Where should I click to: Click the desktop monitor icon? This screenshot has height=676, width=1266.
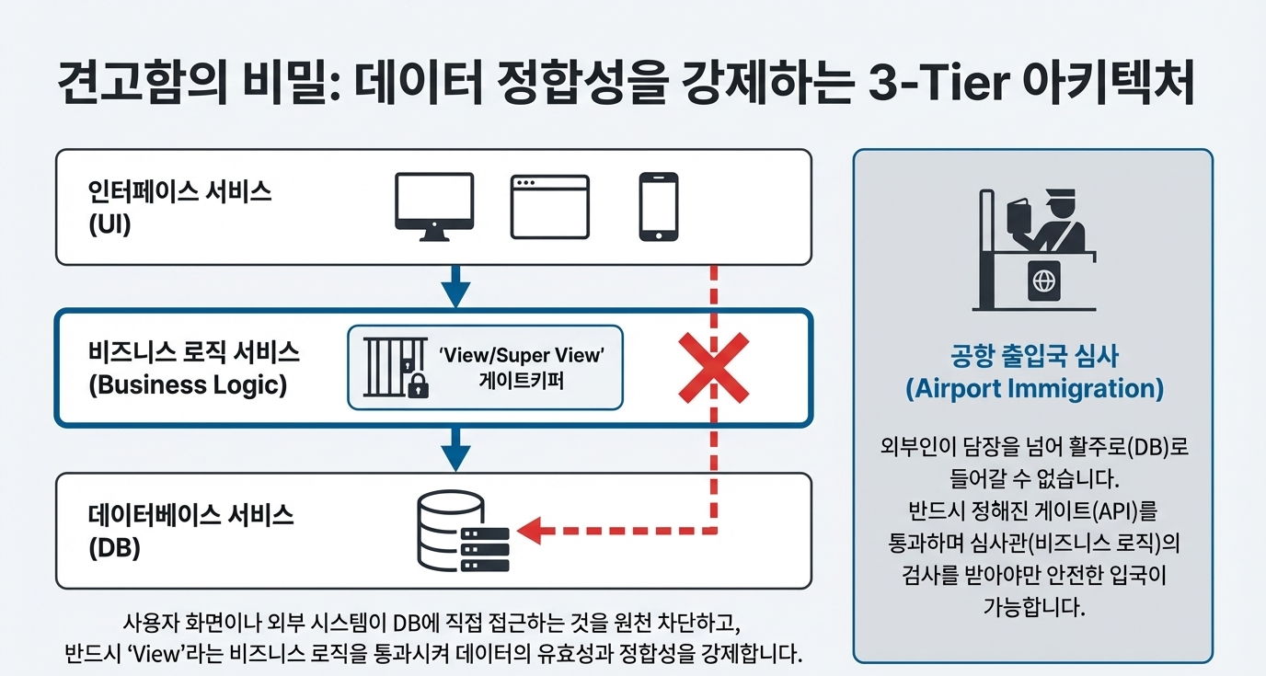point(434,207)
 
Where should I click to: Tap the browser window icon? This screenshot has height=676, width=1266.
point(550,207)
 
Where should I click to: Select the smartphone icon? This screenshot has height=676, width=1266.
point(659,207)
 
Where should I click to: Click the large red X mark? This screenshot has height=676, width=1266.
point(714,368)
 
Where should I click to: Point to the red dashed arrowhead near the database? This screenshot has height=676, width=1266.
point(529,531)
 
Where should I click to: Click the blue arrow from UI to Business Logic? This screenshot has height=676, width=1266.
point(455,286)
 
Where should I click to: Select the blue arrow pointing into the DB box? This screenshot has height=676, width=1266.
point(455,450)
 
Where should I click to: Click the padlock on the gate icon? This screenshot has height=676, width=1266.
point(418,385)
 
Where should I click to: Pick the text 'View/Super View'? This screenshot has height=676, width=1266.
point(521,355)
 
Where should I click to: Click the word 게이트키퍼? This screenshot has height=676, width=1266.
point(521,381)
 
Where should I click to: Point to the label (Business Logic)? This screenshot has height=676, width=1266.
point(189,385)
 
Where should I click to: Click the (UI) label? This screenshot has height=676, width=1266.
point(109,224)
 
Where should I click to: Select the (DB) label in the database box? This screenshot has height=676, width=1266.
point(114,548)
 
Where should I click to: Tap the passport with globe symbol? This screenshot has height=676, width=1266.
point(1043,281)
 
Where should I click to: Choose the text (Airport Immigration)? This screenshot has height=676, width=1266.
point(1034,388)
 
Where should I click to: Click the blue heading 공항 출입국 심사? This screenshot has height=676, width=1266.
point(1034,356)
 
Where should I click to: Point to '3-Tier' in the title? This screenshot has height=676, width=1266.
point(938,83)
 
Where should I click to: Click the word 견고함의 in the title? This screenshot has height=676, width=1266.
point(143,83)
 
